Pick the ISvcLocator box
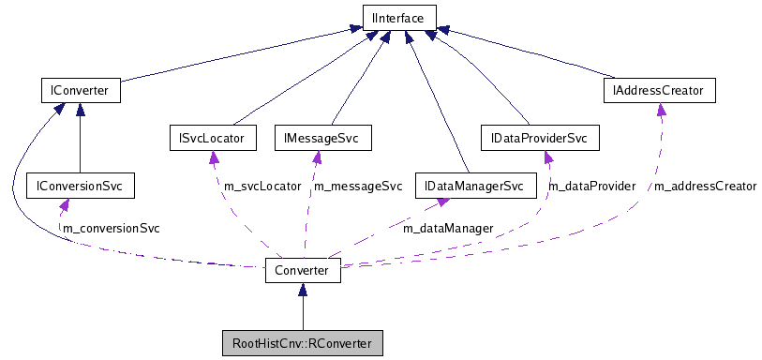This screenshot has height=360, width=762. click(211, 139)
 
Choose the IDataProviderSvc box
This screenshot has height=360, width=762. click(538, 139)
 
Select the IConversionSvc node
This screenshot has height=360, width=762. click(80, 186)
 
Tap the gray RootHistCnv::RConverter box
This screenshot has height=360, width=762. click(301, 344)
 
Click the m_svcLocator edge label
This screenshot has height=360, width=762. click(262, 187)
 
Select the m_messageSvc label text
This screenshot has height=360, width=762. click(357, 187)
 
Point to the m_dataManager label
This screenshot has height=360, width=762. click(447, 227)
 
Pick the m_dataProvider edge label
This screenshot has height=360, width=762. click(591, 187)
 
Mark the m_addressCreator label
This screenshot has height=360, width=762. click(704, 187)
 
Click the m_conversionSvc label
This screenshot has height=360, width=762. click(111, 228)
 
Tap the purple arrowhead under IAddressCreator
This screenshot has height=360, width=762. click(662, 110)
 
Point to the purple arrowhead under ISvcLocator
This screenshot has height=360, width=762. click(213, 157)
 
